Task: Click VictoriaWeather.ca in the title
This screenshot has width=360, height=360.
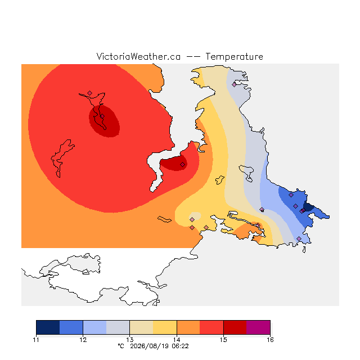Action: pos(138,56)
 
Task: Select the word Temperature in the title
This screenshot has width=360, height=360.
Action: pos(234,57)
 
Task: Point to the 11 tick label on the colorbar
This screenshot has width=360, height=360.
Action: pos(36,340)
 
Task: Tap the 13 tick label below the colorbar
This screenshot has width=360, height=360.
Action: pos(130,340)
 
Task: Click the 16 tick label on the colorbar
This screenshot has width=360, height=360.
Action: pos(270,340)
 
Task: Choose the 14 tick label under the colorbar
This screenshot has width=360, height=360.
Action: pos(177,340)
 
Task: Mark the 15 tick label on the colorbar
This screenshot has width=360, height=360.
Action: pos(223,340)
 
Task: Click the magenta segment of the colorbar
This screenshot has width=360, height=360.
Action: pos(258,327)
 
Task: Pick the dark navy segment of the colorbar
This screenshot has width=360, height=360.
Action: pos(48,327)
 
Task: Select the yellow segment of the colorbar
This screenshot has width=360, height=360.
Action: pos(165,327)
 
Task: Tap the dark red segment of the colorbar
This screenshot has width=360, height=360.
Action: pos(235,327)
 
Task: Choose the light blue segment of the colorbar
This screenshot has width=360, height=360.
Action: pos(94,327)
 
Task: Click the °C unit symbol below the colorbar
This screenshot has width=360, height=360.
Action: pos(121,346)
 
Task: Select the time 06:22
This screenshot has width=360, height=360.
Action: pos(180,346)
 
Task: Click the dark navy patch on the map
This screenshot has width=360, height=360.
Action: pos(308,207)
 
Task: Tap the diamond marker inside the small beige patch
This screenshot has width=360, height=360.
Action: pos(192,220)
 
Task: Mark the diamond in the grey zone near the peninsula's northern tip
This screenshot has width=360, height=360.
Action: pos(234,85)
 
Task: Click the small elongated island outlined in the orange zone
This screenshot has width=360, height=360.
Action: pos(164,219)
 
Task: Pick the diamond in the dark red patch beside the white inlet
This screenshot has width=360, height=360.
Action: pos(182,164)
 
